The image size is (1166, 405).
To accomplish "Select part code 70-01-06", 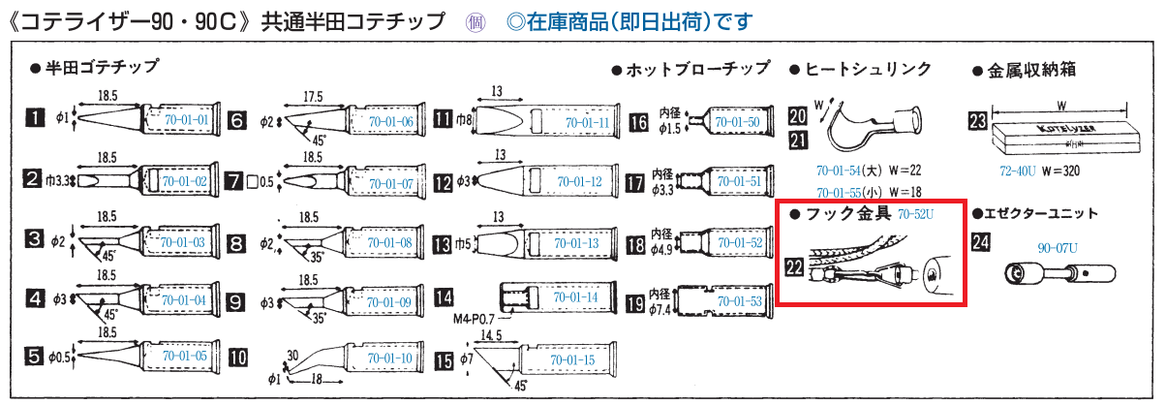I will tap(390, 121).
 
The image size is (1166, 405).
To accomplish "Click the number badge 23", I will tap(978, 120).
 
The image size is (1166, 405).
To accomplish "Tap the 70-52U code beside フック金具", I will tap(915, 212).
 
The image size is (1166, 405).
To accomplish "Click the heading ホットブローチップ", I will tap(697, 69).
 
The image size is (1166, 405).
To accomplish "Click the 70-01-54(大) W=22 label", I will tap(868, 171).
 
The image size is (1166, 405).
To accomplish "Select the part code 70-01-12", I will tap(581, 182).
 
